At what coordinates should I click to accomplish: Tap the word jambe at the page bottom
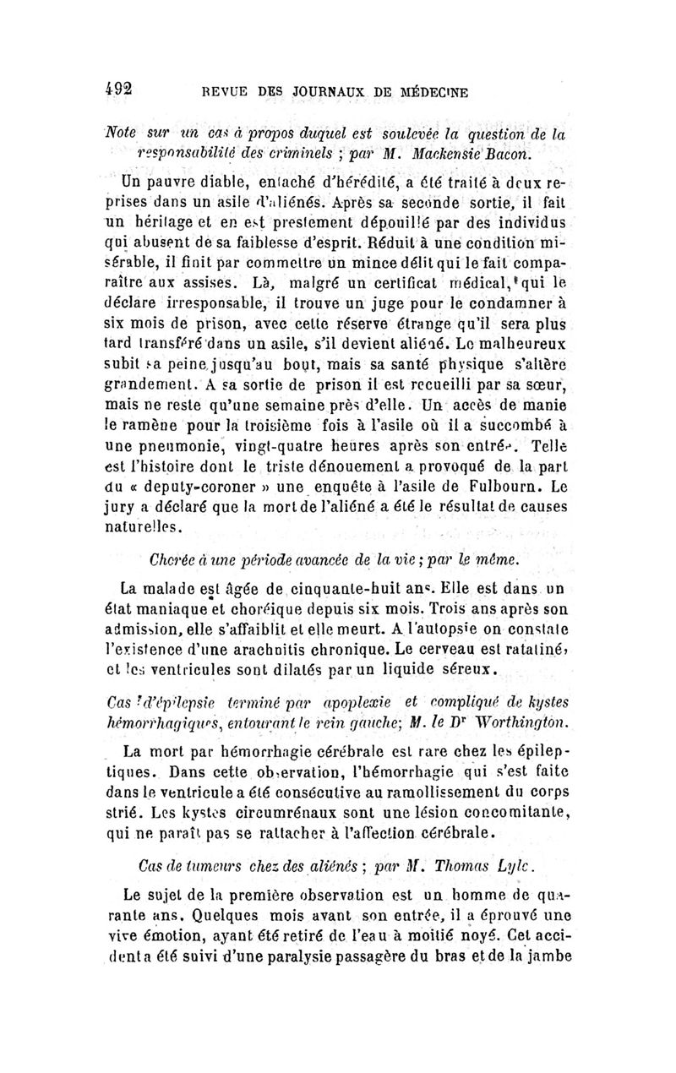(x=545, y=957)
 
